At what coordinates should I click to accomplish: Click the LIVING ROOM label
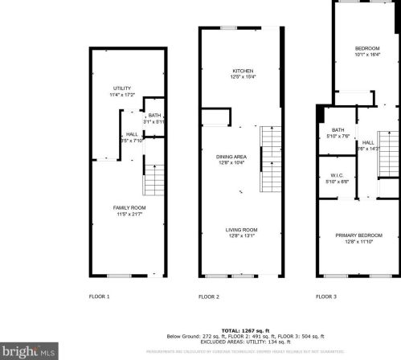pyautogui.click(x=241, y=230)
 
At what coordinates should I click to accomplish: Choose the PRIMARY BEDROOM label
pyautogui.click(x=358, y=235)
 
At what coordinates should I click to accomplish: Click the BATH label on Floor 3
pyautogui.click(x=338, y=130)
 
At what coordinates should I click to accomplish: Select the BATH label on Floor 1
pyautogui.click(x=154, y=116)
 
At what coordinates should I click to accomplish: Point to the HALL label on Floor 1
pyautogui.click(x=131, y=135)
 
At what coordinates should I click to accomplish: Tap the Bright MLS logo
pyautogui.click(x=30, y=351)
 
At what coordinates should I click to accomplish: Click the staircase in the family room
pyautogui.click(x=153, y=179)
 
